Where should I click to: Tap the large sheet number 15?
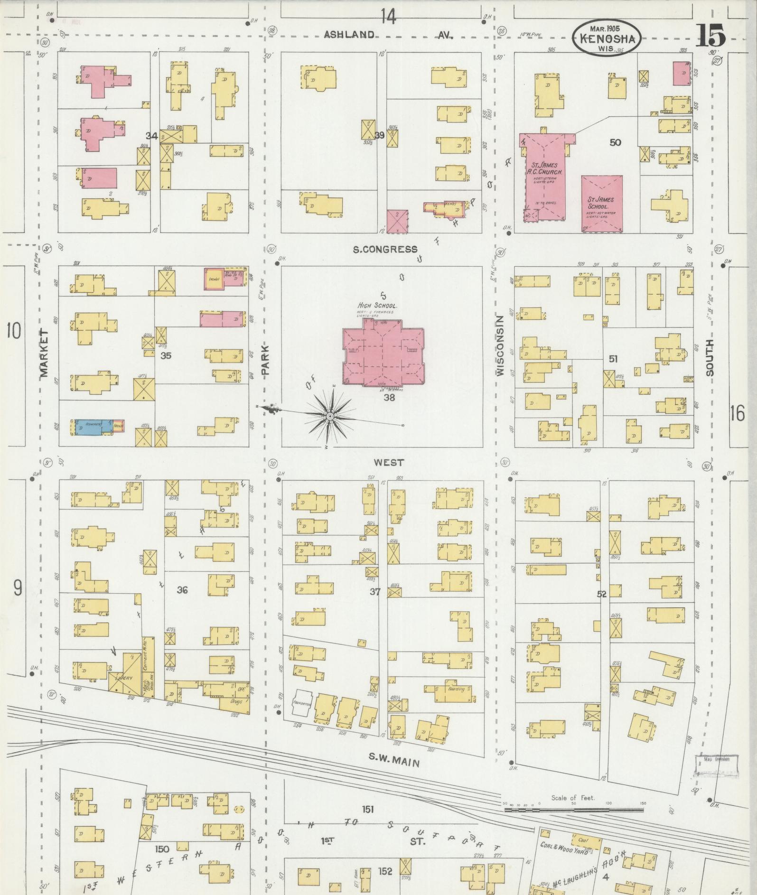(x=710, y=35)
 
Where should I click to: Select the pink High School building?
(x=383, y=352)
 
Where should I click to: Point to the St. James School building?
(x=602, y=203)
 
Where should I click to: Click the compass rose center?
(x=328, y=416)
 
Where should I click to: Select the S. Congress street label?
(x=385, y=250)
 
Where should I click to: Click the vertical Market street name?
(x=44, y=354)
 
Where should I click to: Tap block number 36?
(x=182, y=590)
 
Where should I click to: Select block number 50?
(x=615, y=142)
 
